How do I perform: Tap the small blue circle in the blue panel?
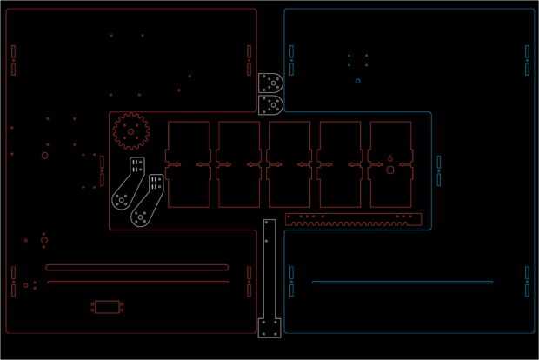[x=358, y=81]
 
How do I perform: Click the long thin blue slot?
[x=403, y=282]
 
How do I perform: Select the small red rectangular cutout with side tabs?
[x=109, y=306]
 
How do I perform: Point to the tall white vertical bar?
[x=269, y=270]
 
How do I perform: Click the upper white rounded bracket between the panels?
[x=271, y=83]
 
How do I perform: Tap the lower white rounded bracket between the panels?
[x=271, y=105]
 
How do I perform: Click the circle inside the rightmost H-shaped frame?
[x=390, y=170]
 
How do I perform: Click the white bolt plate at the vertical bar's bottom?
[x=269, y=328]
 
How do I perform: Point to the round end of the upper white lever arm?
[x=120, y=199]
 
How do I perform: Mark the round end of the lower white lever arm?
[x=139, y=217]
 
